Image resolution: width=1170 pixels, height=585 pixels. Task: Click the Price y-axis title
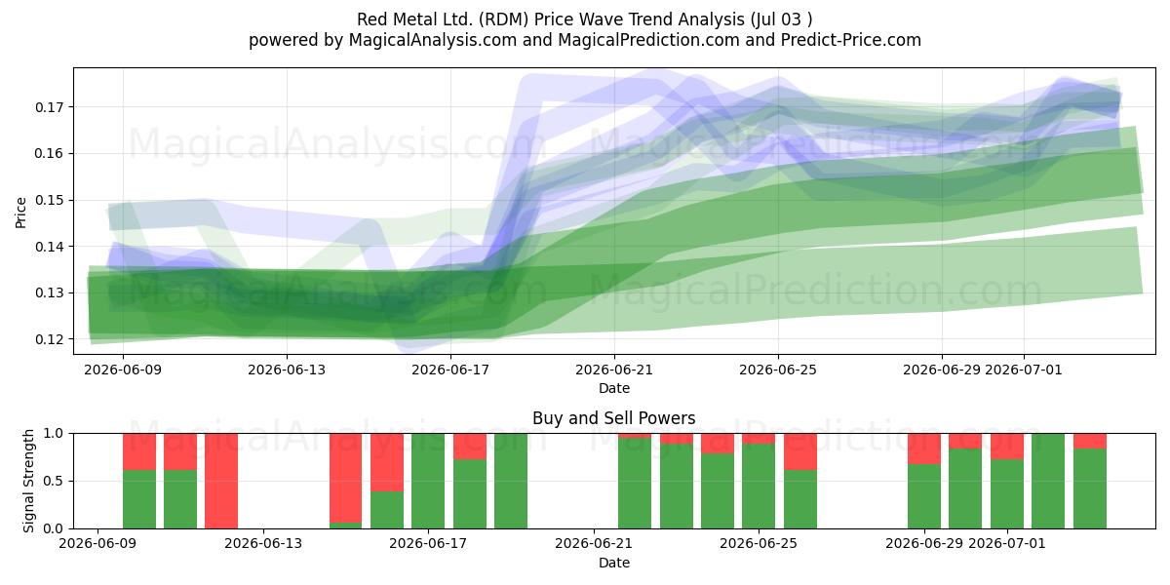[20, 213]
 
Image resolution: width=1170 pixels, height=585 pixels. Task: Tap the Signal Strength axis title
[28, 481]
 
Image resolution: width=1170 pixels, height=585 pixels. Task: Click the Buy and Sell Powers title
[613, 418]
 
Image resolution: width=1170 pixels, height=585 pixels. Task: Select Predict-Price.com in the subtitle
[851, 40]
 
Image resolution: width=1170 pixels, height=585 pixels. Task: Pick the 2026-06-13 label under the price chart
[287, 370]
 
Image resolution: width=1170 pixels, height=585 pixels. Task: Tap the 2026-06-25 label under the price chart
[778, 370]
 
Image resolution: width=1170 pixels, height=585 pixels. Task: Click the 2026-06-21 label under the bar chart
[594, 544]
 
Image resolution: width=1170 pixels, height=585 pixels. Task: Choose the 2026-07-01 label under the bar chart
[1007, 544]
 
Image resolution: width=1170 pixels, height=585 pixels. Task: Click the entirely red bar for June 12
[221, 481]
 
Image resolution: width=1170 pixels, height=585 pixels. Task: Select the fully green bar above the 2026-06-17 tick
[428, 481]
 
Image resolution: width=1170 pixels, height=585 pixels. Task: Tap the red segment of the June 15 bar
[345, 478]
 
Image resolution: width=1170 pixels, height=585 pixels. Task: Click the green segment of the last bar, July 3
[1090, 488]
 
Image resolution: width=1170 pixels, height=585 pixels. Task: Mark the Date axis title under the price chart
[613, 389]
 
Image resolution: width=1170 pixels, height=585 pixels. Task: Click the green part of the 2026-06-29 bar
[924, 496]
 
